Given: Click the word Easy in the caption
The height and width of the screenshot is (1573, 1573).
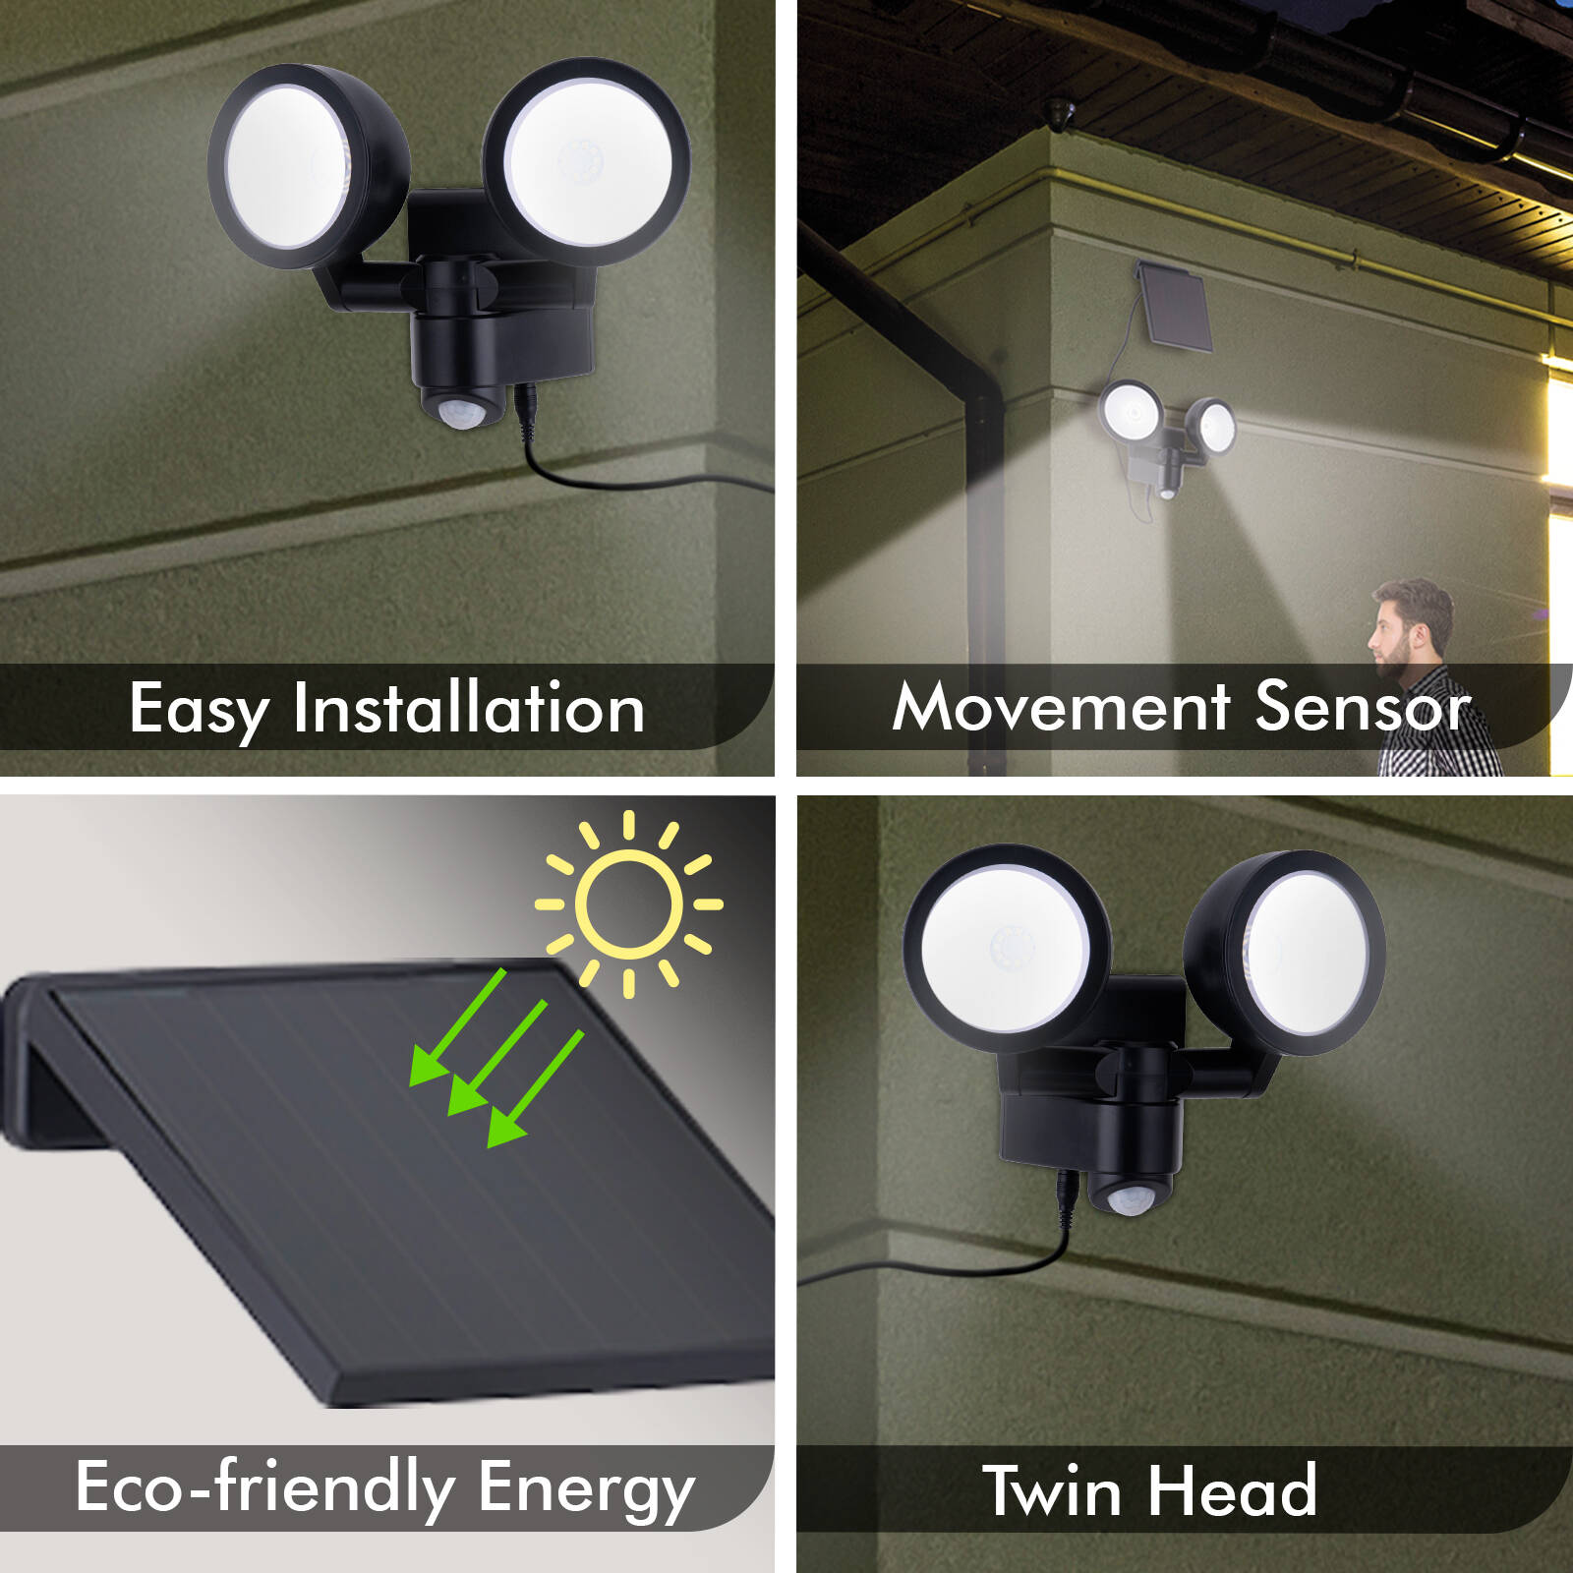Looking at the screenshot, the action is pyautogui.click(x=199, y=710).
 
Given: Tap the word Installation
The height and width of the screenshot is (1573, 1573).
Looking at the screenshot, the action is pyautogui.click(x=469, y=707).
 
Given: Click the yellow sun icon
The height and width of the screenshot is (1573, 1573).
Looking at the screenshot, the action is pyautogui.click(x=629, y=903).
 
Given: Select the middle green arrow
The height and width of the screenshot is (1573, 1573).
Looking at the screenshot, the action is pyautogui.click(x=496, y=1058).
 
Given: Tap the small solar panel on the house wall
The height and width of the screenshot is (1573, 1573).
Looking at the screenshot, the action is pyautogui.click(x=1174, y=306).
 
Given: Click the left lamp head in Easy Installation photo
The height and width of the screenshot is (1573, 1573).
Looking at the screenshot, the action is pyautogui.click(x=308, y=167).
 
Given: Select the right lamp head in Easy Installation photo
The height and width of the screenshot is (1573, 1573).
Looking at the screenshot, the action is pyautogui.click(x=586, y=161).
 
